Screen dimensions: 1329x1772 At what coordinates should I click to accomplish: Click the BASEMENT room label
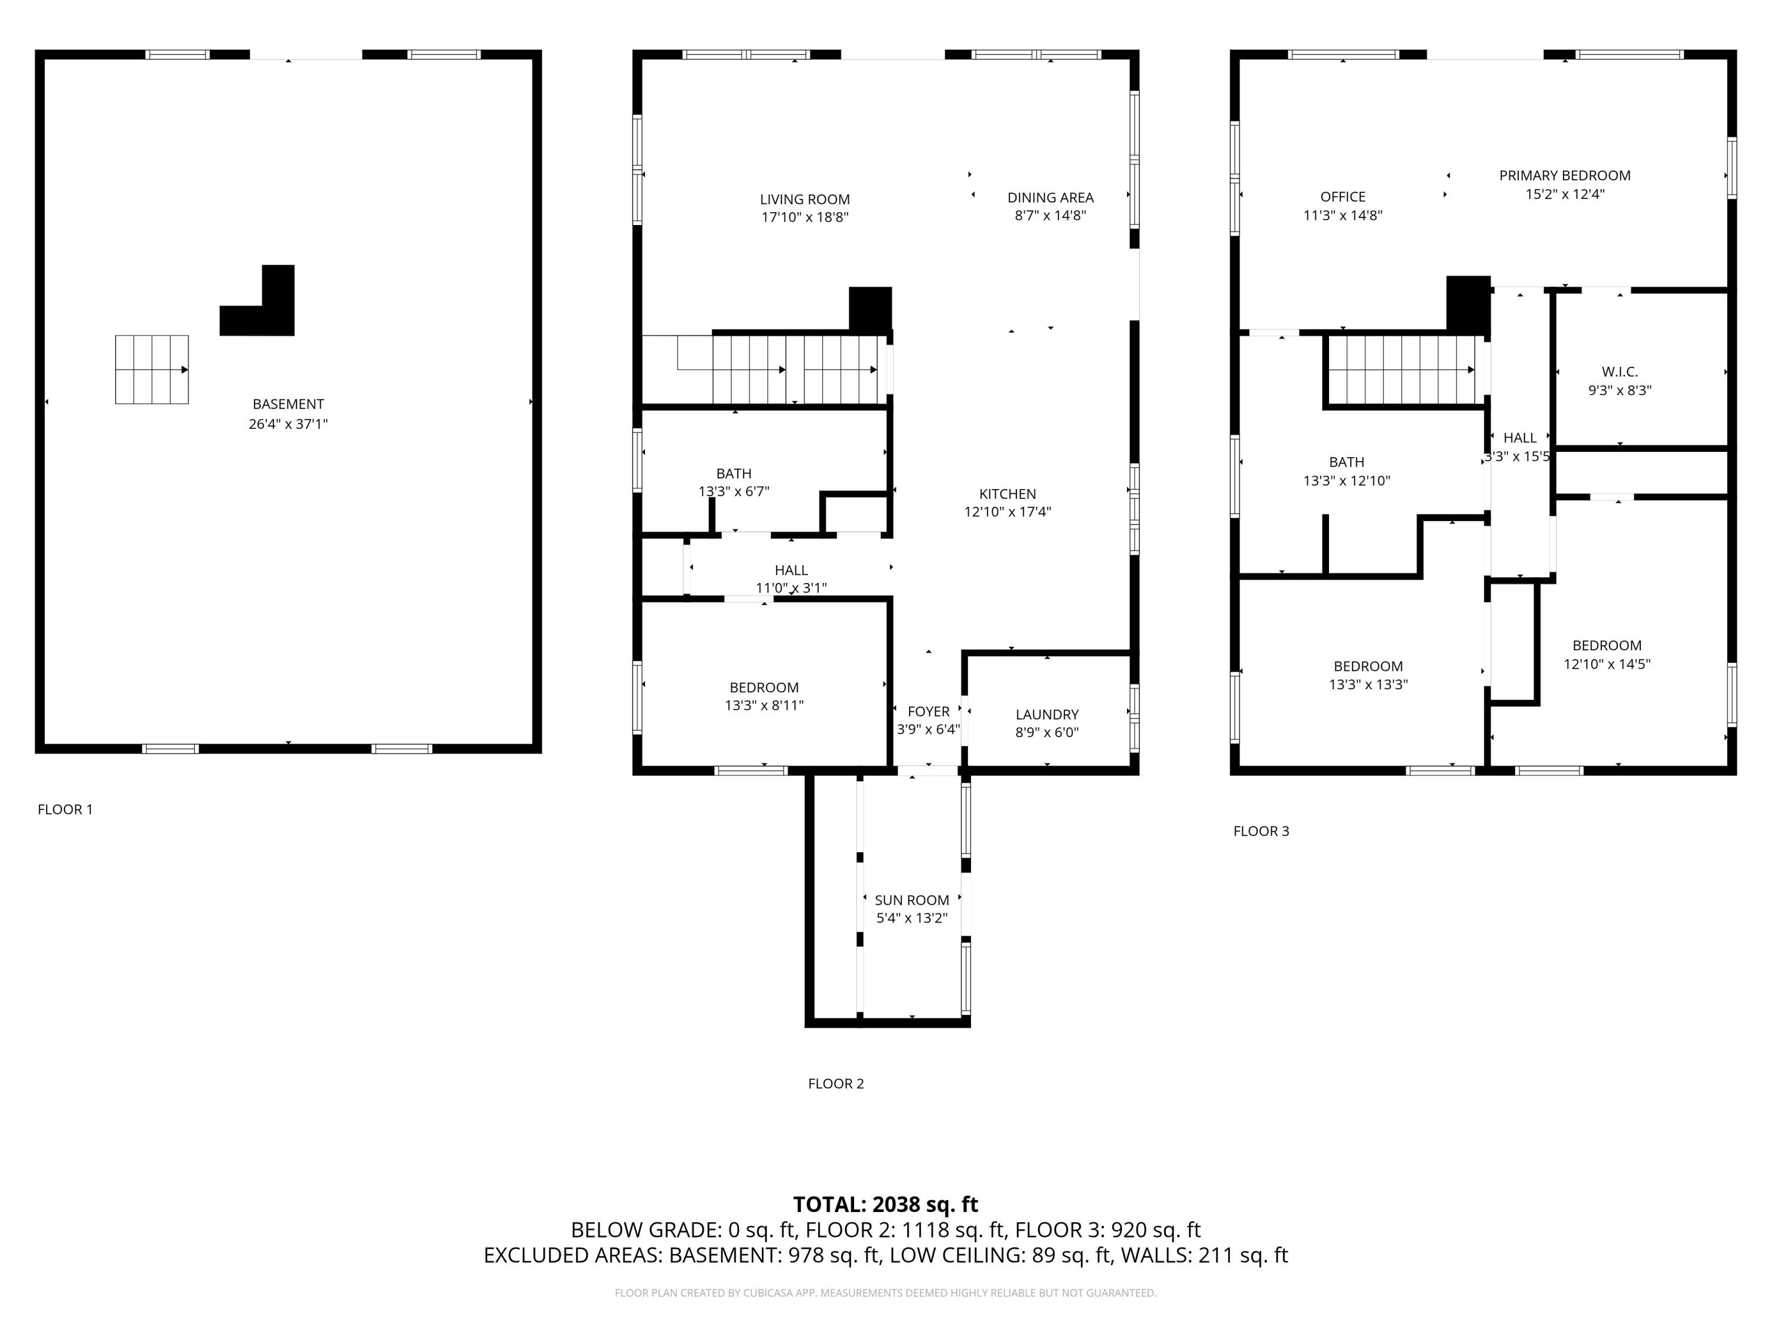tap(288, 405)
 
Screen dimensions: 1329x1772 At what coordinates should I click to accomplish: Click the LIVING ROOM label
tap(804, 200)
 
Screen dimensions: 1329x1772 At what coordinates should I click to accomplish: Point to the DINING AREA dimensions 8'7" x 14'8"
tap(1050, 216)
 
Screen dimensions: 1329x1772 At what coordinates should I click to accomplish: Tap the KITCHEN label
tap(1007, 494)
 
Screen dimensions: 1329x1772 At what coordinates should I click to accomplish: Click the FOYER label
tap(928, 711)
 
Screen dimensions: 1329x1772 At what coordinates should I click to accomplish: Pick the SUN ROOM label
tap(911, 900)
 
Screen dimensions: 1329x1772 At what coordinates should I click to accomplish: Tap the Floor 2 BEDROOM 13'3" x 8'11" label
tap(763, 696)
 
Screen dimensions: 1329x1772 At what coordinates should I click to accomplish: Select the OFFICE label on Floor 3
tap(1343, 197)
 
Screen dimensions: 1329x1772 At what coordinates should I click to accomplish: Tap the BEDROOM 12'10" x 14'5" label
tap(1606, 654)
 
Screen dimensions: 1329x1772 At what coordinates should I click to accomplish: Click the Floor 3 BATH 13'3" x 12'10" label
tap(1346, 471)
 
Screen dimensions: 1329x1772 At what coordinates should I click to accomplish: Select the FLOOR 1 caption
tap(65, 810)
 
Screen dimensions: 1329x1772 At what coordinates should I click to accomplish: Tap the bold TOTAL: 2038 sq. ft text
tap(885, 1205)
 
